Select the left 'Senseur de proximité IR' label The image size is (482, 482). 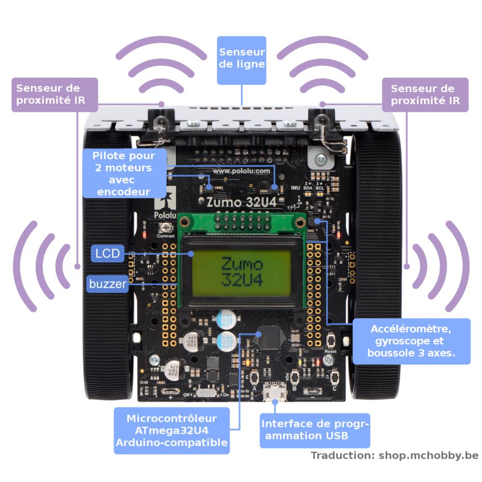click(x=54, y=95)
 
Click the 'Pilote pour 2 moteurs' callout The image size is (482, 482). click(x=124, y=174)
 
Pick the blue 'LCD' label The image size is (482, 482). click(x=107, y=254)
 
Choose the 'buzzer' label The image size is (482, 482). click(x=107, y=284)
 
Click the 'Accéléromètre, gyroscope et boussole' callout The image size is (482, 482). click(x=411, y=341)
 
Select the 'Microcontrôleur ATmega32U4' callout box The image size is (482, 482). click(x=172, y=430)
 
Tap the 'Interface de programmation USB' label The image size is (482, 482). click(x=315, y=430)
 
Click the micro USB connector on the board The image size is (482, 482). click(x=274, y=392)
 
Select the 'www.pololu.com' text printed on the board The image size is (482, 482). click(x=241, y=171)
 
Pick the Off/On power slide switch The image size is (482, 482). click(x=207, y=393)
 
